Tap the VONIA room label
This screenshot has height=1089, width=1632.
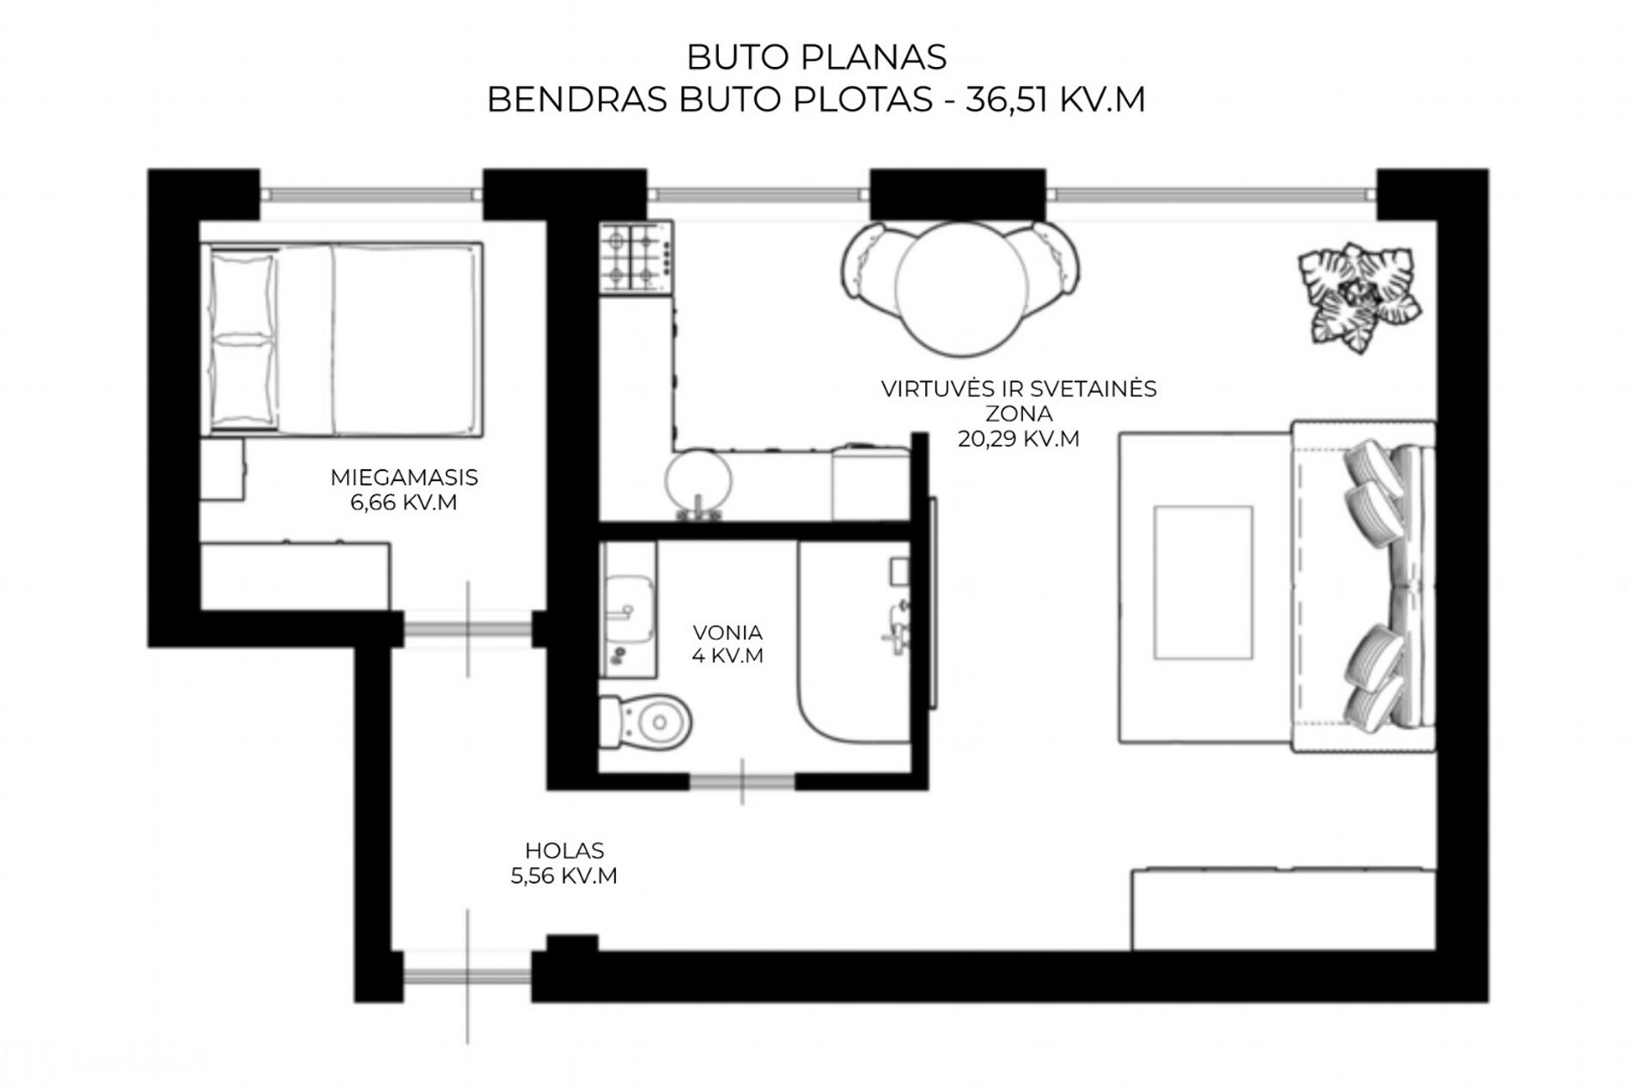click(x=728, y=632)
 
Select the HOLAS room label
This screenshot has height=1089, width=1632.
click(x=564, y=851)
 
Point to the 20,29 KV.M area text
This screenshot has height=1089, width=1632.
click(x=1019, y=438)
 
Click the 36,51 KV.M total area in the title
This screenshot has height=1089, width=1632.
click(x=1056, y=100)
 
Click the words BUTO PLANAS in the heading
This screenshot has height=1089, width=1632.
click(x=816, y=57)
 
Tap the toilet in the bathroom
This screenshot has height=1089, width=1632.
click(x=645, y=722)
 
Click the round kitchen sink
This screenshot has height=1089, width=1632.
click(x=699, y=482)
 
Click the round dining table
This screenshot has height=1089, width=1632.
click(x=960, y=288)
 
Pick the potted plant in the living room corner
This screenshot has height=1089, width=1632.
click(x=1358, y=297)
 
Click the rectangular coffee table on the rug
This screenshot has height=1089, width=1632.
click(x=1203, y=583)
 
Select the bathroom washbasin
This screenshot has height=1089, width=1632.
click(x=627, y=611)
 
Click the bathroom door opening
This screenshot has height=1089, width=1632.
click(x=742, y=782)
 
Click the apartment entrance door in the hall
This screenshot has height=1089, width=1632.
click(x=468, y=976)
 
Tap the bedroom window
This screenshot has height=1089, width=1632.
click(x=371, y=194)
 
